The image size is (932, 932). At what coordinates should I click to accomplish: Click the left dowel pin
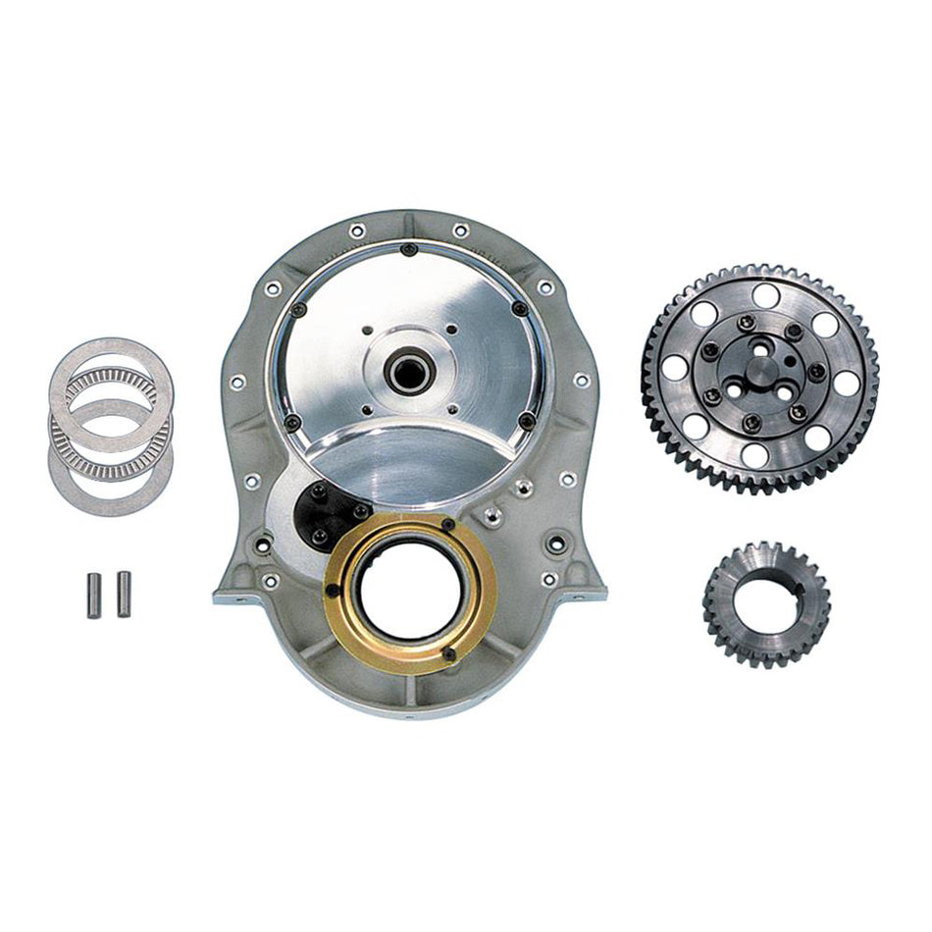pyautogui.click(x=93, y=595)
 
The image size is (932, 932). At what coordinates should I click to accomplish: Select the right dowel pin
pyautogui.click(x=124, y=595)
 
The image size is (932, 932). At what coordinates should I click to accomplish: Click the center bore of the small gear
pyautogui.click(x=766, y=600)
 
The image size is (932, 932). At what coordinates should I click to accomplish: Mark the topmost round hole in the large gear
pyautogui.click(x=765, y=295)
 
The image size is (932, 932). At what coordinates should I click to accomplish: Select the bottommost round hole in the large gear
pyautogui.click(x=755, y=455)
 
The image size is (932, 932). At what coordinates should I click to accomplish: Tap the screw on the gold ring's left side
pyautogui.click(x=332, y=590)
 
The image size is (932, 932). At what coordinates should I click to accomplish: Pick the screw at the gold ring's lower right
pyautogui.click(x=448, y=654)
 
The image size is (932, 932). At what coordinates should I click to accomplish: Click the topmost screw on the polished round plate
pyautogui.click(x=408, y=249)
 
